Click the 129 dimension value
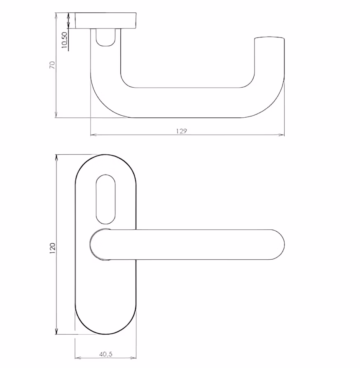click(x=182, y=131)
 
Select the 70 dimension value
click(x=52, y=65)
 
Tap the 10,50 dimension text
click(x=64, y=40)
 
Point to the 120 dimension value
click(x=52, y=248)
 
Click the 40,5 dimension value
click(x=106, y=354)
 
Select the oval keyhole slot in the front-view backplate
click(x=106, y=199)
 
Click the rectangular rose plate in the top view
click(x=105, y=21)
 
